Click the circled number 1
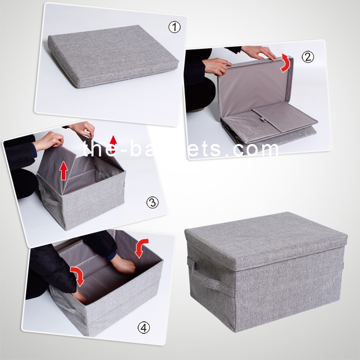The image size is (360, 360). coord(174,27)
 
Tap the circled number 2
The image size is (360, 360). coord(308,57)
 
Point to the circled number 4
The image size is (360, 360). coord(143,328)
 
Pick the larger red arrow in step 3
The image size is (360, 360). coord(64,170)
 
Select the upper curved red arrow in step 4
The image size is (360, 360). coord(140,247)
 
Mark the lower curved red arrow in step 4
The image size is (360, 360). coord(77,276)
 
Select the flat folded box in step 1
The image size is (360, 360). coord(113,56)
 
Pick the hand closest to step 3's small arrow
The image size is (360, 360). coord(84,130)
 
